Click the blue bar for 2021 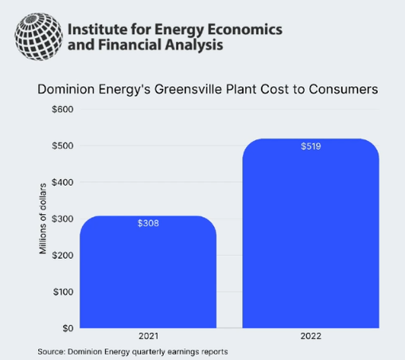(148, 272)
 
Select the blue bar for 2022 (310, 233)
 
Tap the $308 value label (148, 223)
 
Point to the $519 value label (311, 147)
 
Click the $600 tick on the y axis (63, 109)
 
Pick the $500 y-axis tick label (63, 146)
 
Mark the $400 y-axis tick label (63, 182)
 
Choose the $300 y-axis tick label (63, 219)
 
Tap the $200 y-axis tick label (63, 256)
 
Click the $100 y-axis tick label (63, 292)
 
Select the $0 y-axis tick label (68, 328)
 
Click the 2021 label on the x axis (148, 336)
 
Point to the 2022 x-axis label (311, 336)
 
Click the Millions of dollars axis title (43, 218)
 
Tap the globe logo (39, 37)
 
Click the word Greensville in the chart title (188, 89)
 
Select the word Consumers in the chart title (344, 89)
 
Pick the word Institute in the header (97, 29)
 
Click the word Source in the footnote (52, 352)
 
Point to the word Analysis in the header (194, 45)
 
